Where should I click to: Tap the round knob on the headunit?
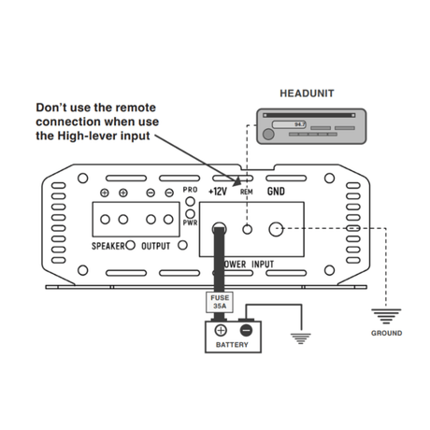pyautogui.click(x=268, y=134)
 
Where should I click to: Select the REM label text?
pyautogui.click(x=247, y=192)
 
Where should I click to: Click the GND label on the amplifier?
pyautogui.click(x=276, y=191)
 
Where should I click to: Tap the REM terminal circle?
pyautogui.click(x=248, y=227)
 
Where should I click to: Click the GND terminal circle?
pyautogui.click(x=278, y=227)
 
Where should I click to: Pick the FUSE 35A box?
pyautogui.click(x=220, y=301)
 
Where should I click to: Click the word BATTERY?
pyautogui.click(x=232, y=344)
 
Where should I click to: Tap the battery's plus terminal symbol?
pyautogui.click(x=222, y=329)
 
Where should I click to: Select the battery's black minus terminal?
pyautogui.click(x=246, y=329)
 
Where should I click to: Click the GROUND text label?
pyautogui.click(x=386, y=333)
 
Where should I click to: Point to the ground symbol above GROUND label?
pyautogui.click(x=386, y=315)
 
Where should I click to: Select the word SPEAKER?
pyautogui.click(x=113, y=248)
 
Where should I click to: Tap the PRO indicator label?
pyautogui.click(x=191, y=190)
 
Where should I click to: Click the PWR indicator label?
pyautogui.click(x=191, y=222)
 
